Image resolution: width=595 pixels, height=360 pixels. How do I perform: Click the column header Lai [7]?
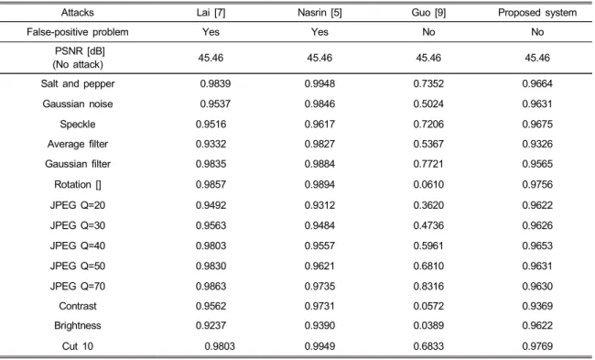point(211,13)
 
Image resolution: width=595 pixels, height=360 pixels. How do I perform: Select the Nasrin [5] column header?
point(319,13)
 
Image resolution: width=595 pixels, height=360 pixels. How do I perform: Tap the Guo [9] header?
point(428,13)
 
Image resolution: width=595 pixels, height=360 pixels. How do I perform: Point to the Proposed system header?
point(537,13)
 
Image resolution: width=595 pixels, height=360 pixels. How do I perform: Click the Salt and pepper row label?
point(78,83)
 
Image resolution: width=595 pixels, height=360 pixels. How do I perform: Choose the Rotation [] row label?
point(78,184)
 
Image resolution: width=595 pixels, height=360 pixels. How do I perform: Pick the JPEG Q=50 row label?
point(78,266)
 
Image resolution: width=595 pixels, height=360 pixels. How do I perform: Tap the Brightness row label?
point(78,325)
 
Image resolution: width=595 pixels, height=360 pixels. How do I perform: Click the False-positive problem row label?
point(78,32)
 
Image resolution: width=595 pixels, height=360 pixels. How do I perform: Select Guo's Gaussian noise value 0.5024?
point(428,104)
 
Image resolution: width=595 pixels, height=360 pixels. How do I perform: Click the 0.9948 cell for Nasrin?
point(319,83)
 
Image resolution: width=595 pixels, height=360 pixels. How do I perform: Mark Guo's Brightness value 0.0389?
point(428,325)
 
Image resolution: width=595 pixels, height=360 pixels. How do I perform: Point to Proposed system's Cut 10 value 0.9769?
point(537,346)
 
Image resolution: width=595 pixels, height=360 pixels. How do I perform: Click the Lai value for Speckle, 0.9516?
point(211,125)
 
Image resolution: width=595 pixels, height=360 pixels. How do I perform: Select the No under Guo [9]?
point(428,32)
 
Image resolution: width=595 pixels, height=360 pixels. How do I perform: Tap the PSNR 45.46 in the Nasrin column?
point(319,58)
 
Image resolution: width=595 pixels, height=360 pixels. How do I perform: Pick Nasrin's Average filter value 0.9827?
point(319,144)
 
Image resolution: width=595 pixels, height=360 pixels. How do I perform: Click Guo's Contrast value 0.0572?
point(428,306)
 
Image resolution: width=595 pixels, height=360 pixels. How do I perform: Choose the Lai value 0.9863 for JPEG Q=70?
point(211,286)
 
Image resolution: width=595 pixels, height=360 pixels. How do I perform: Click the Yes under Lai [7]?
point(211,32)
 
